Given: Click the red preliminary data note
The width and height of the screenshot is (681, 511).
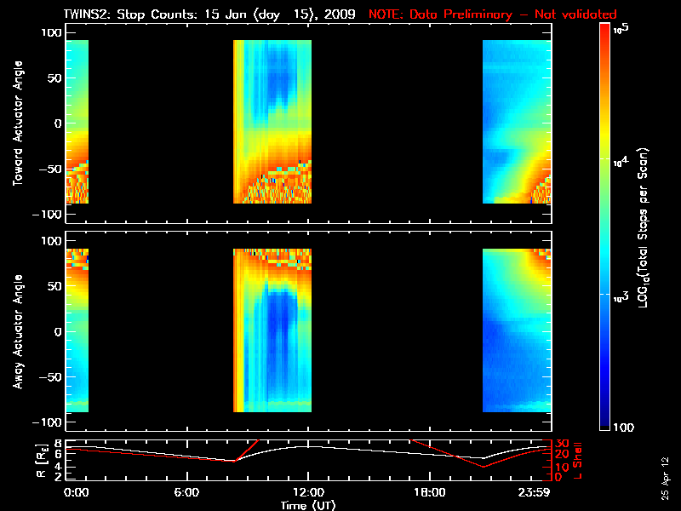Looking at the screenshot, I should tap(492, 14).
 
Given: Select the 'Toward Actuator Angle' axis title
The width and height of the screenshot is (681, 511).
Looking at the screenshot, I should tap(16, 123).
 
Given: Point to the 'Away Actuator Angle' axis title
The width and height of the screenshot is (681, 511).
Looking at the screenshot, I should tap(16, 331).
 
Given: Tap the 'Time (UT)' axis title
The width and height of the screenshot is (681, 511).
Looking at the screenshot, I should tap(307, 505).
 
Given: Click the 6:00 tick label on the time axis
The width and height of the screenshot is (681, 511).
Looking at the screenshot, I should tap(186, 492).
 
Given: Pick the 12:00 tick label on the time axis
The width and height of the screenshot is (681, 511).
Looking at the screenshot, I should tap(307, 492).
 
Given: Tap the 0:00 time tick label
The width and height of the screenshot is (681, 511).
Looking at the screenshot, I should tap(76, 492).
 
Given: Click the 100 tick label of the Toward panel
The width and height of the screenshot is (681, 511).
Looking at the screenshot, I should tap(50, 32).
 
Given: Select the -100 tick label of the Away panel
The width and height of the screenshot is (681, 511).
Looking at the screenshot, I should tap(48, 423).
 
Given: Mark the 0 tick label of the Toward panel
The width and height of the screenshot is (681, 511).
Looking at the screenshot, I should tap(58, 123).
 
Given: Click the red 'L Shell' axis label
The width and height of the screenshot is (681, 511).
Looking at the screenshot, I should tap(579, 461).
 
